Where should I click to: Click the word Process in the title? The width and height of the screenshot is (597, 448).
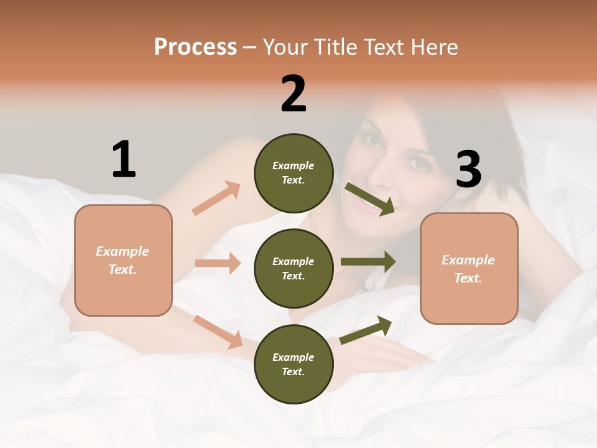[x=195, y=47]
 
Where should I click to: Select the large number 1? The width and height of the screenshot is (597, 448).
[x=124, y=159]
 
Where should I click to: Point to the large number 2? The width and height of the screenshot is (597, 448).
[x=294, y=94]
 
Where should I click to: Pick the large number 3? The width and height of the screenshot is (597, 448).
[x=468, y=169]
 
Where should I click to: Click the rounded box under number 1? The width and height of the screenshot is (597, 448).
[x=123, y=260]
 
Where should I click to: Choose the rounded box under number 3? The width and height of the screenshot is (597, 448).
[x=469, y=269]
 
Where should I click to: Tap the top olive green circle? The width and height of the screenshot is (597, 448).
[x=294, y=173]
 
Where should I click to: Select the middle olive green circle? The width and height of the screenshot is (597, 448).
[x=294, y=268]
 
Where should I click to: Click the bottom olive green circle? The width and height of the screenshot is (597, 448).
[x=294, y=364]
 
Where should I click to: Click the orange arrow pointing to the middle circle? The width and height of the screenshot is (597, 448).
[x=218, y=263]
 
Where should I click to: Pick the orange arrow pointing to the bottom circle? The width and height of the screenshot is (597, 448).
[x=218, y=332]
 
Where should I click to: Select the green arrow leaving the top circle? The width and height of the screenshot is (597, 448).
[x=369, y=198]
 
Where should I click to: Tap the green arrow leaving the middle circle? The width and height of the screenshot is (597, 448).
[x=368, y=262]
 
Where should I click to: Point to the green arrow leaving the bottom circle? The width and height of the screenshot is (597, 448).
[x=366, y=330]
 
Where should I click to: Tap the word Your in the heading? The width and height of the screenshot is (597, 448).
[x=287, y=47]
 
